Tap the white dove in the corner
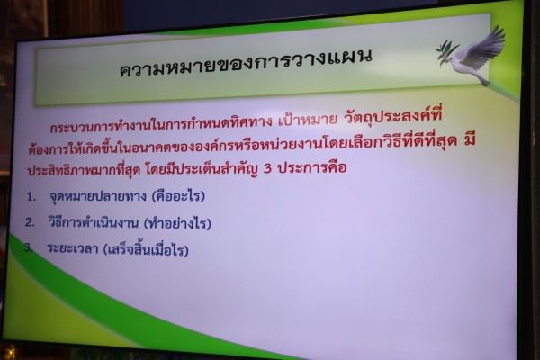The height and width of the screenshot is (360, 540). point(476,55)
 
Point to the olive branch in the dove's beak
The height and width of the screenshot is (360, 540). point(446,52)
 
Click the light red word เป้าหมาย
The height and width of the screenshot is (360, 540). point(308,120)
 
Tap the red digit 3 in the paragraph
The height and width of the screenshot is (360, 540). point(267,168)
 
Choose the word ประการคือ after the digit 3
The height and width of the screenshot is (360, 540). point(312,167)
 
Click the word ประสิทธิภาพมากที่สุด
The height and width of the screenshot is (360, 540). point(84,170)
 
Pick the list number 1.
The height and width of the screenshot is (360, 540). point(31,197)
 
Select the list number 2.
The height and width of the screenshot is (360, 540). point(30,222)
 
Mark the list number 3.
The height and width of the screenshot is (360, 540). point(28,247)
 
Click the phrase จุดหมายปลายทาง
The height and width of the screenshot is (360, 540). point(98,196)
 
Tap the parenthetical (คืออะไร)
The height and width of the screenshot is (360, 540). point(178,195)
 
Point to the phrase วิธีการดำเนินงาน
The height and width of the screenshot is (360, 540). point(93,222)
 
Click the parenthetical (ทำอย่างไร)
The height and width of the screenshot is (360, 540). point(177,223)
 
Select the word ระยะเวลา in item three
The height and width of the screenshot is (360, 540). point(73,248)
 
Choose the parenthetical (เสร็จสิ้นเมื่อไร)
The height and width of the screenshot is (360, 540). point(147,248)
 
